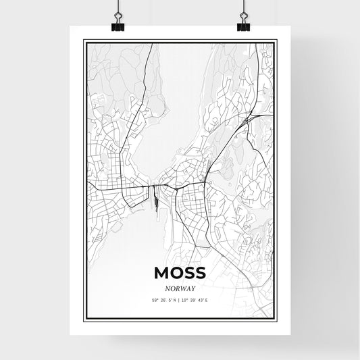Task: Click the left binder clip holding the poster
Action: tap(118, 26)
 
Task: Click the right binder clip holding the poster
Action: tap(242, 26)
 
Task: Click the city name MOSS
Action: tap(180, 272)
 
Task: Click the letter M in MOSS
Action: tap(161, 272)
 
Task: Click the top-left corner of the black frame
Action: tap(84, 41)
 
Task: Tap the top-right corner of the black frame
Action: tap(276, 41)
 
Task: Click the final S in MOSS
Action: tap(200, 272)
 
